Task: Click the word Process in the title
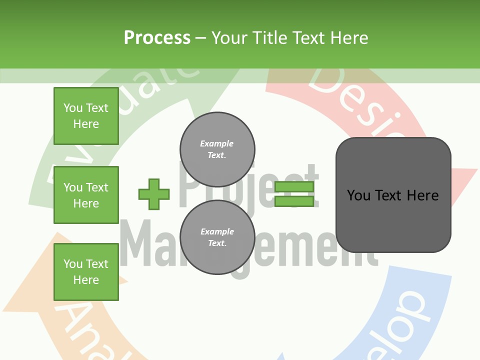point(157,37)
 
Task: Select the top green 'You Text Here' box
point(86,116)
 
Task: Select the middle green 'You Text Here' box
point(86,195)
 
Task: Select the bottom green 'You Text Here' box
point(86,272)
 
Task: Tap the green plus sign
point(154,194)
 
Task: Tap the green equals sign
point(294,194)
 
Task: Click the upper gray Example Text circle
point(217,149)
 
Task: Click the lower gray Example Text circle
point(217,237)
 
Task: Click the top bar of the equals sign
point(294,187)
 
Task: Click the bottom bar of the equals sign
point(294,201)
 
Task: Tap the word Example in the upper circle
point(216,143)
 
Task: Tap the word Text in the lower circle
point(217,243)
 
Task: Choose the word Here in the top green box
point(86,124)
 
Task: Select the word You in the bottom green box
point(73,264)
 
